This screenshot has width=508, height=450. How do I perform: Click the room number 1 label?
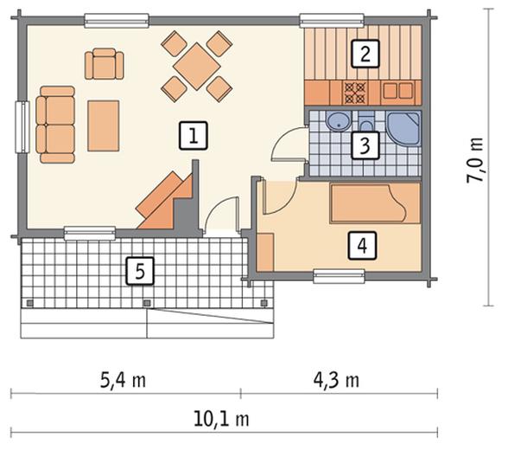pos(194,136)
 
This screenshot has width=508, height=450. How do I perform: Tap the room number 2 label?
pos(365,54)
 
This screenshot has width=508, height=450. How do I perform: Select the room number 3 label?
pos(365,145)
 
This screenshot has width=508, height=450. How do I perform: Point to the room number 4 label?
pos(362,246)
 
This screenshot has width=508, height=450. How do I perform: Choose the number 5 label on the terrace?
pos(140,271)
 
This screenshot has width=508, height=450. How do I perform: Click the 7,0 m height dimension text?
pos(475,161)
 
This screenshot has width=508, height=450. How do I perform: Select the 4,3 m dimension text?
pos(337,380)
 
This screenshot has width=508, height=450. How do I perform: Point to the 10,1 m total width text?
pos(221,419)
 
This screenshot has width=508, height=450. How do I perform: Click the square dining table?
pos(197,67)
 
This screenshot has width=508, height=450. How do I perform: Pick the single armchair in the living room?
pos(104,63)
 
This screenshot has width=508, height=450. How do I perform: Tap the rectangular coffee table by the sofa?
pos(104,125)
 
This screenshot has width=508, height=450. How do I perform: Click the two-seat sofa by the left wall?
pos(55,125)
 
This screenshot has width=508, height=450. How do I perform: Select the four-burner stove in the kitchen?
pos(356,93)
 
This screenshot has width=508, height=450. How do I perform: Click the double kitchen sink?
pos(398,91)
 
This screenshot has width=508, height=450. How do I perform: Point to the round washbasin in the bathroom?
pos(339,121)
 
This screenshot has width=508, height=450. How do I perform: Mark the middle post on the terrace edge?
pos(147,303)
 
